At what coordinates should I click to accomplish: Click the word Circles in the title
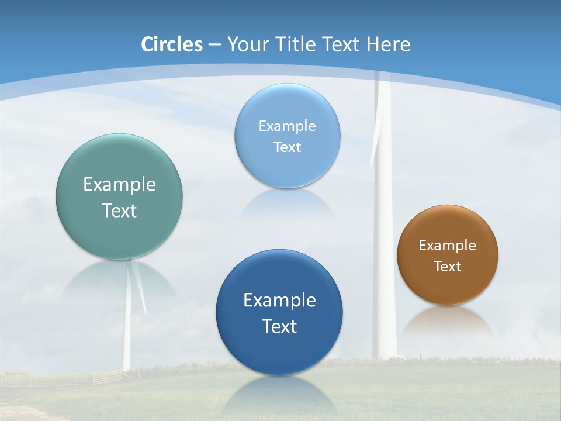[x=171, y=44]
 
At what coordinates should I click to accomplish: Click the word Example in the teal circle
[x=119, y=185]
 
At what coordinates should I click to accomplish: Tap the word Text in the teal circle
[x=119, y=210]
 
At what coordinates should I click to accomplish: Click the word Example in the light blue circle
[x=288, y=126]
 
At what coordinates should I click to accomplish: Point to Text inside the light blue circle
[x=288, y=147]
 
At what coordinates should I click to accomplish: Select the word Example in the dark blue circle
[x=279, y=301]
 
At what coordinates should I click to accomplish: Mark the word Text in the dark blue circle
[x=279, y=326]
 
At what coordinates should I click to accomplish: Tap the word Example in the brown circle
[x=448, y=246]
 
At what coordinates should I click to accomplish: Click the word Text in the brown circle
[x=448, y=267]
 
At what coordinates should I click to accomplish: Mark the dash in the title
[x=214, y=44]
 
